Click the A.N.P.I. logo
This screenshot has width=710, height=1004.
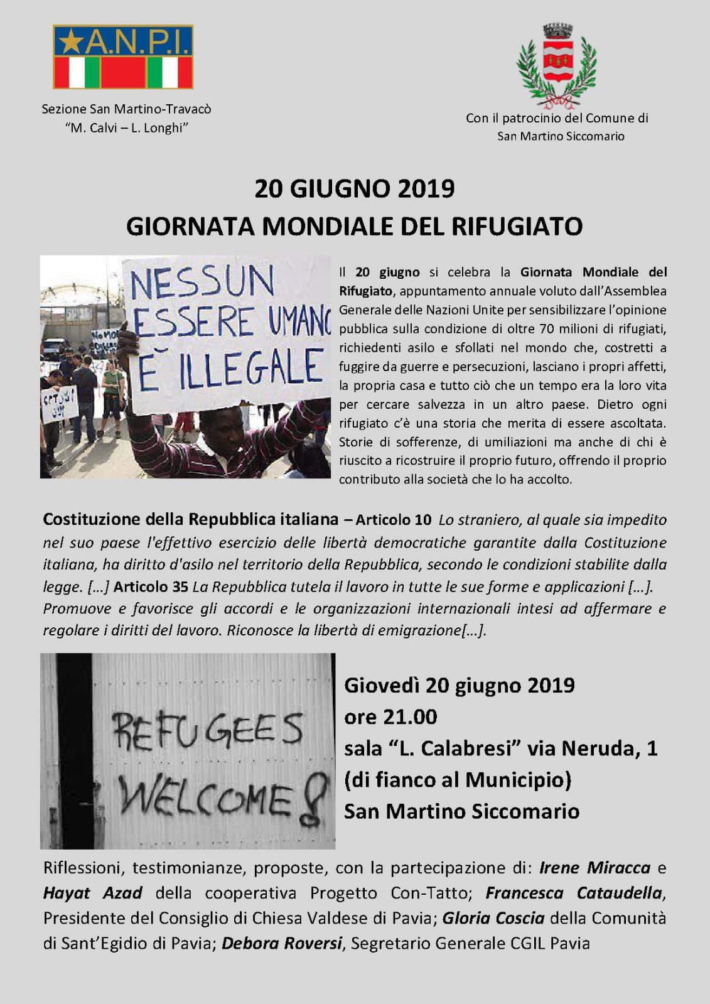tap(123, 57)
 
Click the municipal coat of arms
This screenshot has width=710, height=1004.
tap(556, 64)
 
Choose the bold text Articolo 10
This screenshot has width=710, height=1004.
tap(394, 520)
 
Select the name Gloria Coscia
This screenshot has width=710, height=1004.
tap(493, 919)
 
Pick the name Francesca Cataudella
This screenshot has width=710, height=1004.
tap(573, 893)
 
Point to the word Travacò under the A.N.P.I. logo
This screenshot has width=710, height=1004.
tap(186, 109)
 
